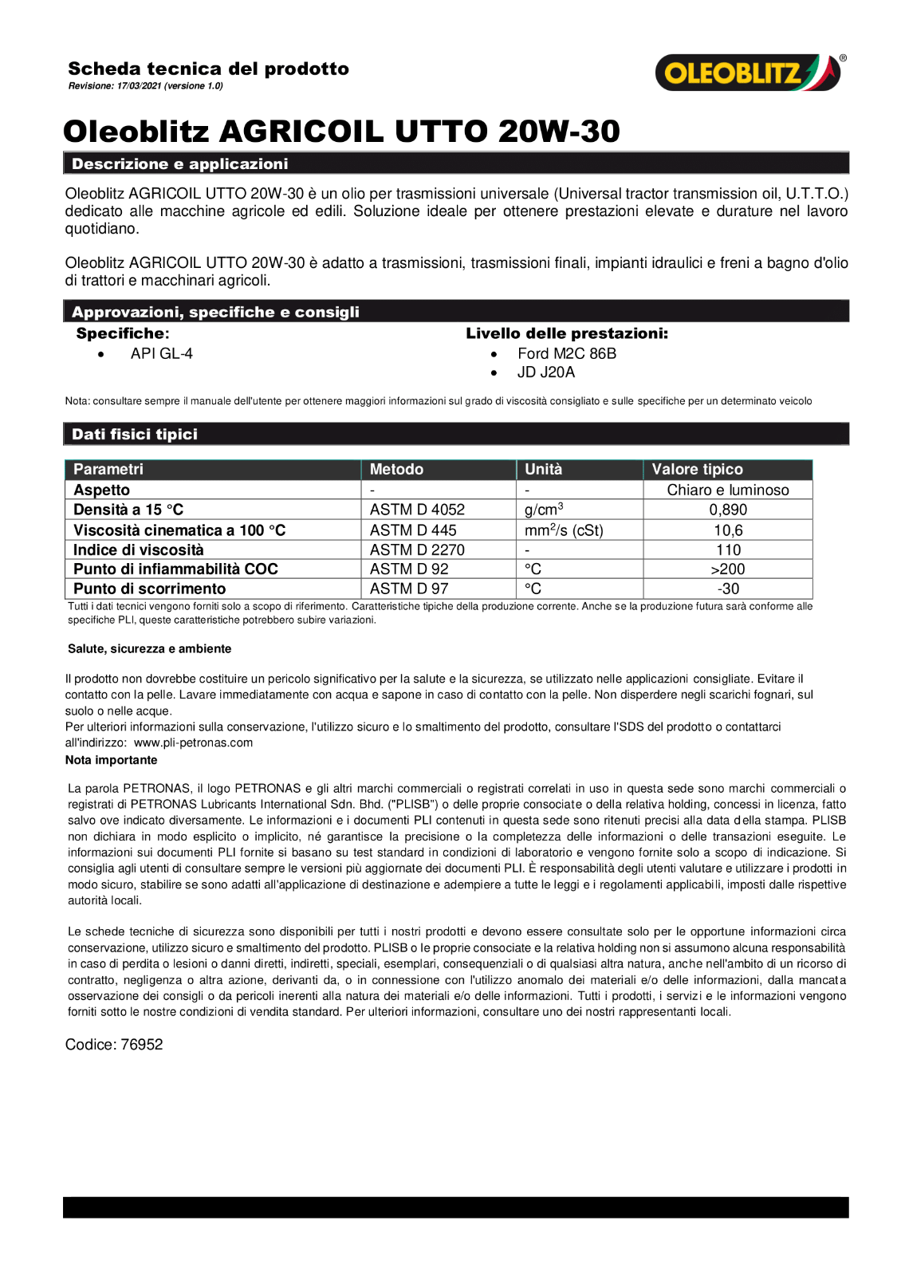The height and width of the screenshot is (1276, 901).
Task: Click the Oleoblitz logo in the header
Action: (748, 73)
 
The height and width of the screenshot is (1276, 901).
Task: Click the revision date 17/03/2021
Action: (139, 86)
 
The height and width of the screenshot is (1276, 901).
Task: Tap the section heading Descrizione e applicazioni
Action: (179, 164)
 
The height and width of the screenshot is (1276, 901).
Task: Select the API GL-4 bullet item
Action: (162, 353)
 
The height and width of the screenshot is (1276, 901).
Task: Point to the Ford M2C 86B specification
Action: (566, 353)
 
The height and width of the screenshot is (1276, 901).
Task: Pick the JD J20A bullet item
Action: (545, 372)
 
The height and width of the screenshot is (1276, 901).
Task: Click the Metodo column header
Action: (396, 470)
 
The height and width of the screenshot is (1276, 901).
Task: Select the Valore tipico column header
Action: (697, 470)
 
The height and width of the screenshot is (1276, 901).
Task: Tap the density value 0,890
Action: (728, 510)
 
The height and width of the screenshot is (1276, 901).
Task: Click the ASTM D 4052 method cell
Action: (417, 510)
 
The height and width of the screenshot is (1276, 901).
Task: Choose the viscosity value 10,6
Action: (728, 530)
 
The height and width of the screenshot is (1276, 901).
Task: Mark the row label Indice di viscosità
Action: (139, 550)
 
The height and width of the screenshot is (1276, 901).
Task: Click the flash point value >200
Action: (728, 569)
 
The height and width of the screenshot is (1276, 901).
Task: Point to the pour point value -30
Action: (728, 589)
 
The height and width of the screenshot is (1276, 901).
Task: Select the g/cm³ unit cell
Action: (544, 510)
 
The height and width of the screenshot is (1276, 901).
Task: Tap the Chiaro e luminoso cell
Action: (728, 490)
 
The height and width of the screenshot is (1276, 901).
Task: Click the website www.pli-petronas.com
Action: (193, 742)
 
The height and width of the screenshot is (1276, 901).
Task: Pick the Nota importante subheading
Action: (111, 760)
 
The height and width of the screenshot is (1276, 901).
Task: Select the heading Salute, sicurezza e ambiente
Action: (149, 649)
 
